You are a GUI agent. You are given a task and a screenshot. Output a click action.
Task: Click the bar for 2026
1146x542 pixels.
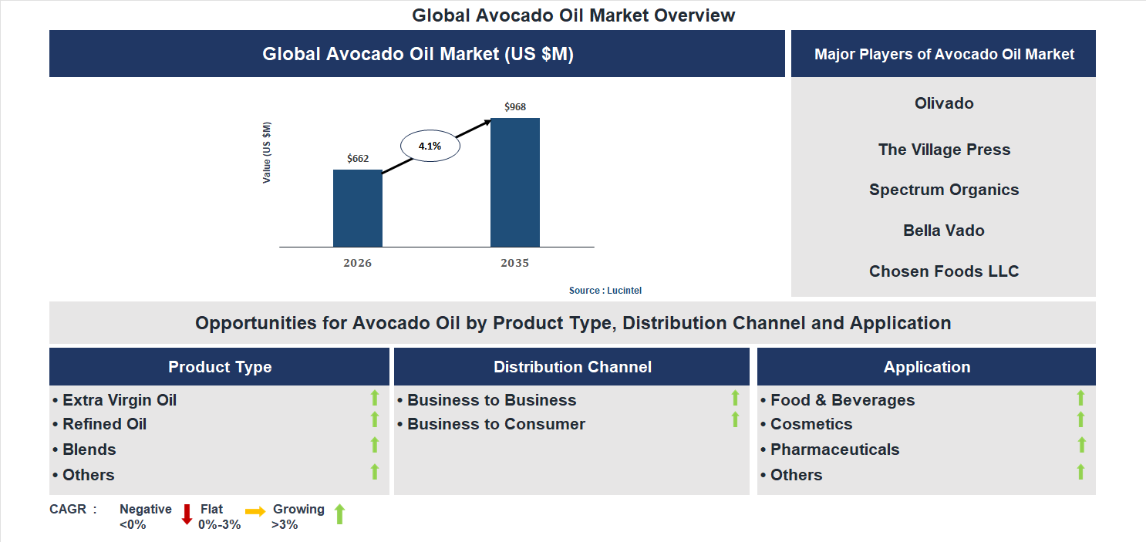click(357, 208)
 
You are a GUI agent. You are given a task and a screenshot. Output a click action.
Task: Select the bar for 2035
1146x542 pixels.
click(514, 182)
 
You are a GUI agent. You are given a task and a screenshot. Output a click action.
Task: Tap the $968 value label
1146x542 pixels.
click(514, 107)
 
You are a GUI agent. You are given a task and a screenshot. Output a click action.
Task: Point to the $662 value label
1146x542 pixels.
click(357, 159)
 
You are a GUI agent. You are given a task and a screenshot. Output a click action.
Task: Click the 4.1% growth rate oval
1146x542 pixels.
click(430, 146)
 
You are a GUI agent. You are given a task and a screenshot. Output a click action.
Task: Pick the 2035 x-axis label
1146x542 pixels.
click(514, 264)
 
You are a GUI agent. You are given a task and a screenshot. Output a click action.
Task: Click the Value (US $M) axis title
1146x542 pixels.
click(267, 152)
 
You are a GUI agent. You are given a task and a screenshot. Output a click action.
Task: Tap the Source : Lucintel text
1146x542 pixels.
click(605, 291)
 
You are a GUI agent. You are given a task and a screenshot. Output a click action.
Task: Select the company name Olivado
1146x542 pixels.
click(943, 103)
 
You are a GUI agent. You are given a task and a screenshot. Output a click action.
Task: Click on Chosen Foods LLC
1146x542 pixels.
click(943, 271)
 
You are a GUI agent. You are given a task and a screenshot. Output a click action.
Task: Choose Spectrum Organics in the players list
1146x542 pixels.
click(943, 190)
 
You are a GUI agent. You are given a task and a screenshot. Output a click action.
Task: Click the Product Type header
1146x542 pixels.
click(220, 367)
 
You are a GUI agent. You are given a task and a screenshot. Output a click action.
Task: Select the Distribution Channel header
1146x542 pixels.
click(572, 367)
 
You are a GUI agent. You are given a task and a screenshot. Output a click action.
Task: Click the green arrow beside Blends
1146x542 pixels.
click(375, 445)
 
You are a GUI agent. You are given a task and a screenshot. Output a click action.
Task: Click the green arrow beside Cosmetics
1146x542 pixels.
click(1080, 419)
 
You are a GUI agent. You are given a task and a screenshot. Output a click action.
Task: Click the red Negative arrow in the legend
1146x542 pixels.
click(187, 514)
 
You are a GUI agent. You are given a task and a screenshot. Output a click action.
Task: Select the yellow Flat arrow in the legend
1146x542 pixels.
click(255, 511)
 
